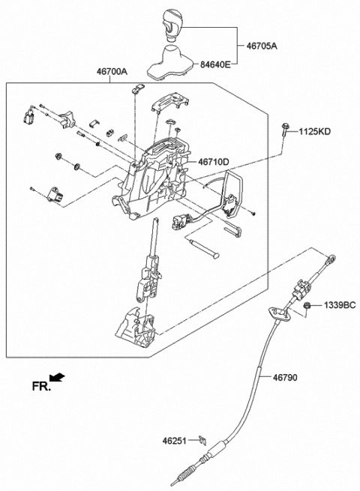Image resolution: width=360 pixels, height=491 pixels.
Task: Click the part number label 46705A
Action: click(x=262, y=45)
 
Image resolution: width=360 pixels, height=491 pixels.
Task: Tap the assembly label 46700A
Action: click(x=112, y=71)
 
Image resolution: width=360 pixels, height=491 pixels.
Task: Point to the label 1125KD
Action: click(x=314, y=132)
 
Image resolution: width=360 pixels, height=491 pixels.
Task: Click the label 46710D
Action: click(x=214, y=161)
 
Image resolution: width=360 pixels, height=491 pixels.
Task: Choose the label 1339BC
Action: click(x=340, y=307)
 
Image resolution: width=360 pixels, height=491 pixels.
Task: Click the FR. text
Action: click(x=40, y=387)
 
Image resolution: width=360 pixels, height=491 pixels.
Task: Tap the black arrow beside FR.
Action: click(x=58, y=379)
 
